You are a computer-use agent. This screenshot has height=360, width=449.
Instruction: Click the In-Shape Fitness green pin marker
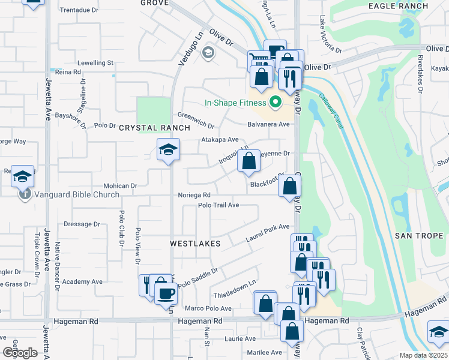[276, 103]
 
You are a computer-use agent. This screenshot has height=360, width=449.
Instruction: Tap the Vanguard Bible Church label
[77, 194]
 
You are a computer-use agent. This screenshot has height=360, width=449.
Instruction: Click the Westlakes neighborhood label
[195, 244]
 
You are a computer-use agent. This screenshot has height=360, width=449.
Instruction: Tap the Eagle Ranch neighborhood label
[399, 6]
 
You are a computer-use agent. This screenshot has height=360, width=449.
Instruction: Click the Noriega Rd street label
[194, 195]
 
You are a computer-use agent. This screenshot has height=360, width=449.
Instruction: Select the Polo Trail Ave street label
[219, 205]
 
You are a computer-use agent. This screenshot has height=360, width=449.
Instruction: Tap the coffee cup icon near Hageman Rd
[166, 293]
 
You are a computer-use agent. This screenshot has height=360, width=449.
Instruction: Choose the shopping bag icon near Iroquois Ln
[249, 161]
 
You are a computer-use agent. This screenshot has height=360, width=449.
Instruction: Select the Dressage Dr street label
[82, 224]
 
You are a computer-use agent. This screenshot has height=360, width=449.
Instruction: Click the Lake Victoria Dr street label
[330, 35]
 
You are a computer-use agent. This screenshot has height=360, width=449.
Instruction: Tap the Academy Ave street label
[82, 281]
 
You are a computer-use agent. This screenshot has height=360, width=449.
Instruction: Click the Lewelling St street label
[94, 62]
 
